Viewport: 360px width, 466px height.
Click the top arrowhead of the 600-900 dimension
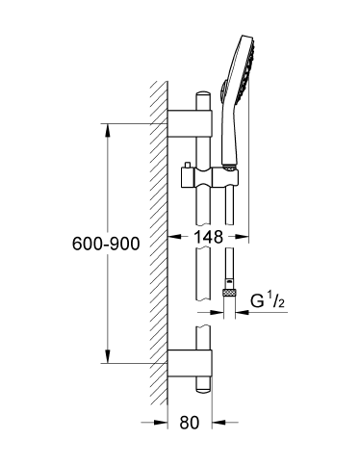[107, 128]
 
